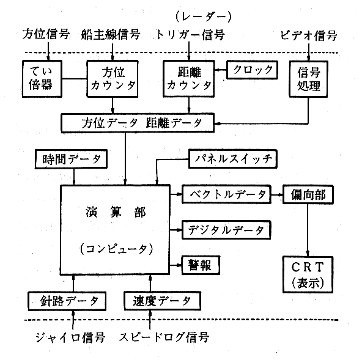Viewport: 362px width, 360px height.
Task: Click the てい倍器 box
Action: [x=42, y=79]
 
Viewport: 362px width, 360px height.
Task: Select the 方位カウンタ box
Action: [x=113, y=79]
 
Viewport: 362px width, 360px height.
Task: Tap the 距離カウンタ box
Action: [x=188, y=79]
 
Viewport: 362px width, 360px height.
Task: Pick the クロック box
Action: [x=252, y=70]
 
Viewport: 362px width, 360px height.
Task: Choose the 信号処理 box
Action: [x=308, y=79]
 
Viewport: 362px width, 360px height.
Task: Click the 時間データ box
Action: [x=71, y=159]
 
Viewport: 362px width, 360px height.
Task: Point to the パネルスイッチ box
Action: [x=233, y=159]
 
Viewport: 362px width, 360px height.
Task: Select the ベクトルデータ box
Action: [x=226, y=194]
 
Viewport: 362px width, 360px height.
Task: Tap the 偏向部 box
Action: [x=308, y=194]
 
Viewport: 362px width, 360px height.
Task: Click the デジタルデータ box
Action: [x=226, y=230]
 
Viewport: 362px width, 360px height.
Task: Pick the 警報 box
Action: [x=201, y=265]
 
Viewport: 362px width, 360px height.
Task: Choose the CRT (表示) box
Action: [x=308, y=274]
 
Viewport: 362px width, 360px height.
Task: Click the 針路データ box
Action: [x=67, y=301]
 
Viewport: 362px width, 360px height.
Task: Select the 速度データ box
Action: [x=162, y=301]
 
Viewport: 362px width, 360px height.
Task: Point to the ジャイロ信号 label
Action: [x=70, y=337]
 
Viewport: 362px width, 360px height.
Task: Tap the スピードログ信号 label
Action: [x=164, y=337]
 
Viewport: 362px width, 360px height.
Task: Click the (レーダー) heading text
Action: [x=204, y=17]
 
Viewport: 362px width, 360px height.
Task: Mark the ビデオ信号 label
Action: [x=309, y=36]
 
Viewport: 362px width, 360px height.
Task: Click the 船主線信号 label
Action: [x=111, y=35]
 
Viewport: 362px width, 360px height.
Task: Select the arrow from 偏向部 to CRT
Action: [x=308, y=230]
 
